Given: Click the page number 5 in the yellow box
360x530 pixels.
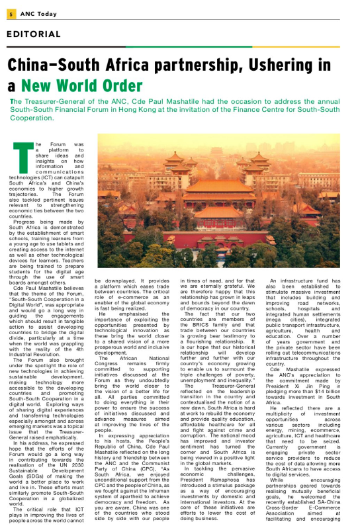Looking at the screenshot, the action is pyautogui.click(x=13, y=9).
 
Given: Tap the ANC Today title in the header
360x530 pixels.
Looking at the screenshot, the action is pyautogui.click(x=40, y=9).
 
